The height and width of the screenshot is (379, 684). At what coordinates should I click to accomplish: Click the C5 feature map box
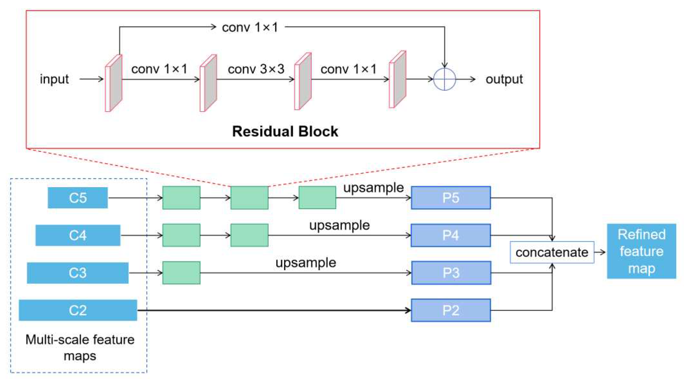coord(78,198)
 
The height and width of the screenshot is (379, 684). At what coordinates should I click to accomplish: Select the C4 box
coord(78,235)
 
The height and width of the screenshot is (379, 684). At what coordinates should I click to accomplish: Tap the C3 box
coord(78,273)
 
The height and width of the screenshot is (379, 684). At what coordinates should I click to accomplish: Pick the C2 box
coord(78,310)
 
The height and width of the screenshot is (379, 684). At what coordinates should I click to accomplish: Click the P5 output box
coord(451,198)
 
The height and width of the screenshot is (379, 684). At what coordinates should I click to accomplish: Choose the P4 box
coord(451,235)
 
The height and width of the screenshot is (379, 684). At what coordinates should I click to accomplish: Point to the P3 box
coord(451,273)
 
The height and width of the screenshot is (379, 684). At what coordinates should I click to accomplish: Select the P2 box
coord(451,310)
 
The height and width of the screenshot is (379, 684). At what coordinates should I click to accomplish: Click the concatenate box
coord(552,252)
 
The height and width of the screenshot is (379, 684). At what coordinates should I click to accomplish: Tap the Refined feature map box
coord(641,251)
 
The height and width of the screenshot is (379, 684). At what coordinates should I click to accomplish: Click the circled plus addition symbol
coord(444,79)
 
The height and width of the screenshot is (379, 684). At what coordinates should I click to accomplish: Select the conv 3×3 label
coord(256,69)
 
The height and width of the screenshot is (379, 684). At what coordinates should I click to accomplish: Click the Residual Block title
coord(285,131)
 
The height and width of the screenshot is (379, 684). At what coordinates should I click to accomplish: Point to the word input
coord(54,79)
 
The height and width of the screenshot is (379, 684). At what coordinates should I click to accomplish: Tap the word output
coord(504,79)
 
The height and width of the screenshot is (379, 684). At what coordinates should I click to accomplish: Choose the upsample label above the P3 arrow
coord(306,263)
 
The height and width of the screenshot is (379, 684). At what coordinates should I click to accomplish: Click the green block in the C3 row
coord(181,273)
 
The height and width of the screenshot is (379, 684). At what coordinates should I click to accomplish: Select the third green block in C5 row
coord(317,197)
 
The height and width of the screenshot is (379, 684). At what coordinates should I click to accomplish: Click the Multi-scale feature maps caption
coord(80,347)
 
